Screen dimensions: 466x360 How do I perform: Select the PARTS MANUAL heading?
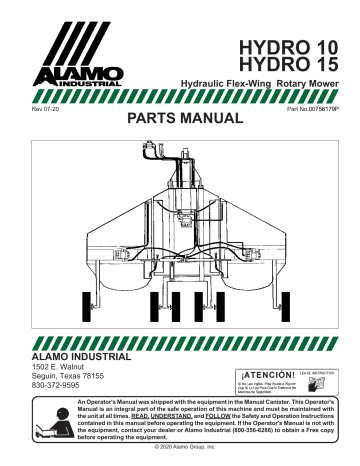pos(181,118)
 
